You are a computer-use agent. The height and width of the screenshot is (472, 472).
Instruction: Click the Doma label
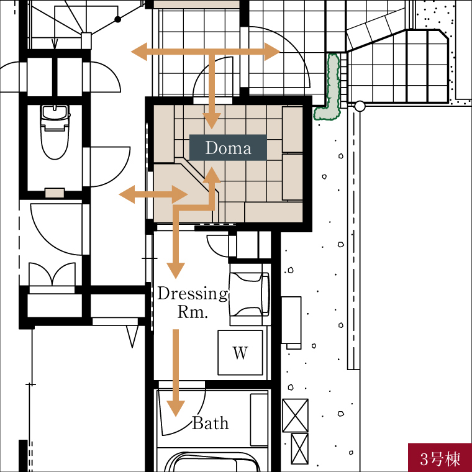click(x=228, y=148)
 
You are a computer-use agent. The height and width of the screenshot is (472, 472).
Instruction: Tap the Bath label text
click(x=211, y=423)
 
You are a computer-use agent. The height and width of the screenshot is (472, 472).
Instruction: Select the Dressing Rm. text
click(x=193, y=302)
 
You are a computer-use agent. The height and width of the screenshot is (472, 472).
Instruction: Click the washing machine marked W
click(x=240, y=353)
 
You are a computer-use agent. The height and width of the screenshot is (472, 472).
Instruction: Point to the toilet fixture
click(x=55, y=132)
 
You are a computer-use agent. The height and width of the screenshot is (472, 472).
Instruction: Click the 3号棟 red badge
click(x=440, y=458)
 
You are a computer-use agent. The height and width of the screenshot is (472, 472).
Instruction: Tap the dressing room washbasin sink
click(x=250, y=294)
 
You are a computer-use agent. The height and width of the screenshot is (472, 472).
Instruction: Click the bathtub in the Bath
click(x=212, y=462)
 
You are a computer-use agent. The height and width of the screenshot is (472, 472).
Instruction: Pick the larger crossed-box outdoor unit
click(x=295, y=415)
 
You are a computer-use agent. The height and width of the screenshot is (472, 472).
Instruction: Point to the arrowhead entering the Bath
click(x=176, y=409)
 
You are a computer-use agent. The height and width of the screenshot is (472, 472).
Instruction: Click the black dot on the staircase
click(x=118, y=20)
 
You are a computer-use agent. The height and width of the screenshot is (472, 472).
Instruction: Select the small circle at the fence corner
click(x=360, y=106)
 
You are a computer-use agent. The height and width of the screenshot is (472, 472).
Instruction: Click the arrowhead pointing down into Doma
click(x=212, y=120)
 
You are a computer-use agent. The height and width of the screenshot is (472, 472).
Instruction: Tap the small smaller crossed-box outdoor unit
click(x=300, y=449)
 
